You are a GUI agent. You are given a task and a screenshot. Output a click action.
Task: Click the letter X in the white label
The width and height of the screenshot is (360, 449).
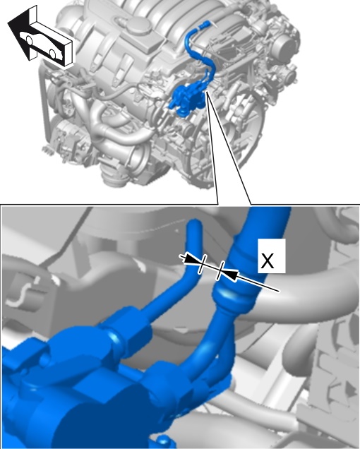click(268, 261)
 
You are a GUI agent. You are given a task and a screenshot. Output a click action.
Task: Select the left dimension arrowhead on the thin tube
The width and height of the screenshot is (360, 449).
click(191, 259)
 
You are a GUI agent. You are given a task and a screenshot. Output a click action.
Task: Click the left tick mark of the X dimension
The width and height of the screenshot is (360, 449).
click(202, 264)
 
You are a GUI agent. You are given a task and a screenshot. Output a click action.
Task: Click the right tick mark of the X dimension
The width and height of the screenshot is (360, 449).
click(220, 270)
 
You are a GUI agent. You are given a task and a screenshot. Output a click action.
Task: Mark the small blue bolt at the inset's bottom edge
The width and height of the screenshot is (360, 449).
click(162, 442)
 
